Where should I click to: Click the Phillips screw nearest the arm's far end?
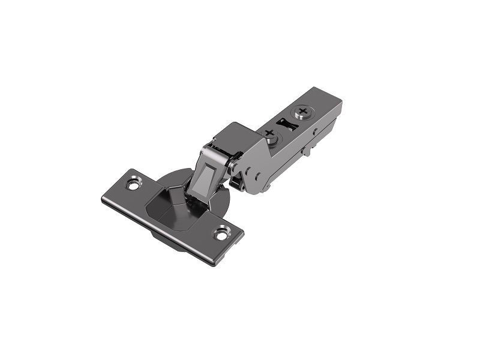click(x=305, y=112)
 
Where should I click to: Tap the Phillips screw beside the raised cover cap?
click(x=270, y=134)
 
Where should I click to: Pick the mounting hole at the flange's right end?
click(x=223, y=233)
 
